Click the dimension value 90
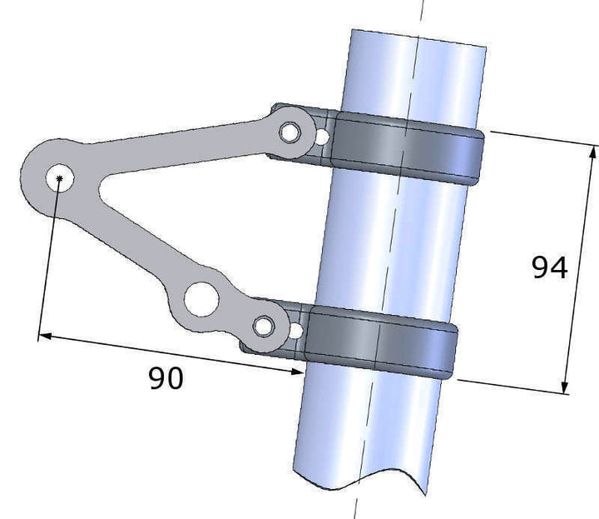click(x=166, y=378)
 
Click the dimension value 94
click(x=550, y=267)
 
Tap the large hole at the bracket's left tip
click(x=60, y=177)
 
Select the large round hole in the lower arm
click(x=201, y=299)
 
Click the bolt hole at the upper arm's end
click(x=290, y=132)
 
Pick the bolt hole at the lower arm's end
click(x=264, y=327)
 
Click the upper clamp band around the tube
click(x=406, y=147)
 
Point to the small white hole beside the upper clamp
click(x=323, y=137)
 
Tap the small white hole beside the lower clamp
click(x=296, y=331)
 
